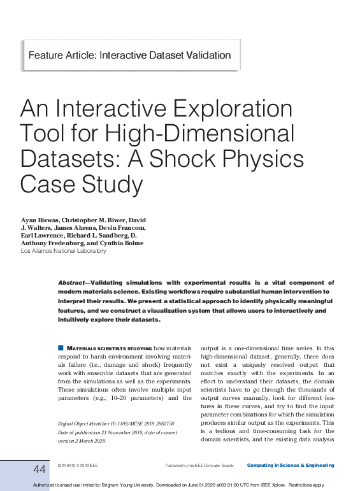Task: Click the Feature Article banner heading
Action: pos(129,55)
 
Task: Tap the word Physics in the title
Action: pos(263,158)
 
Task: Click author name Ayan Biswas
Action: pos(40,220)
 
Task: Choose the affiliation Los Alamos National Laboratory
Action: pos(64,251)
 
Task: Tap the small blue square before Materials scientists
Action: pos(61,348)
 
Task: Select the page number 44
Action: pos(40,469)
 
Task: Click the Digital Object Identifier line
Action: pos(115,423)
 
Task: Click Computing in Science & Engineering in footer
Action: pos(291,466)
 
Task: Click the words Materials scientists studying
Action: pos(110,348)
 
